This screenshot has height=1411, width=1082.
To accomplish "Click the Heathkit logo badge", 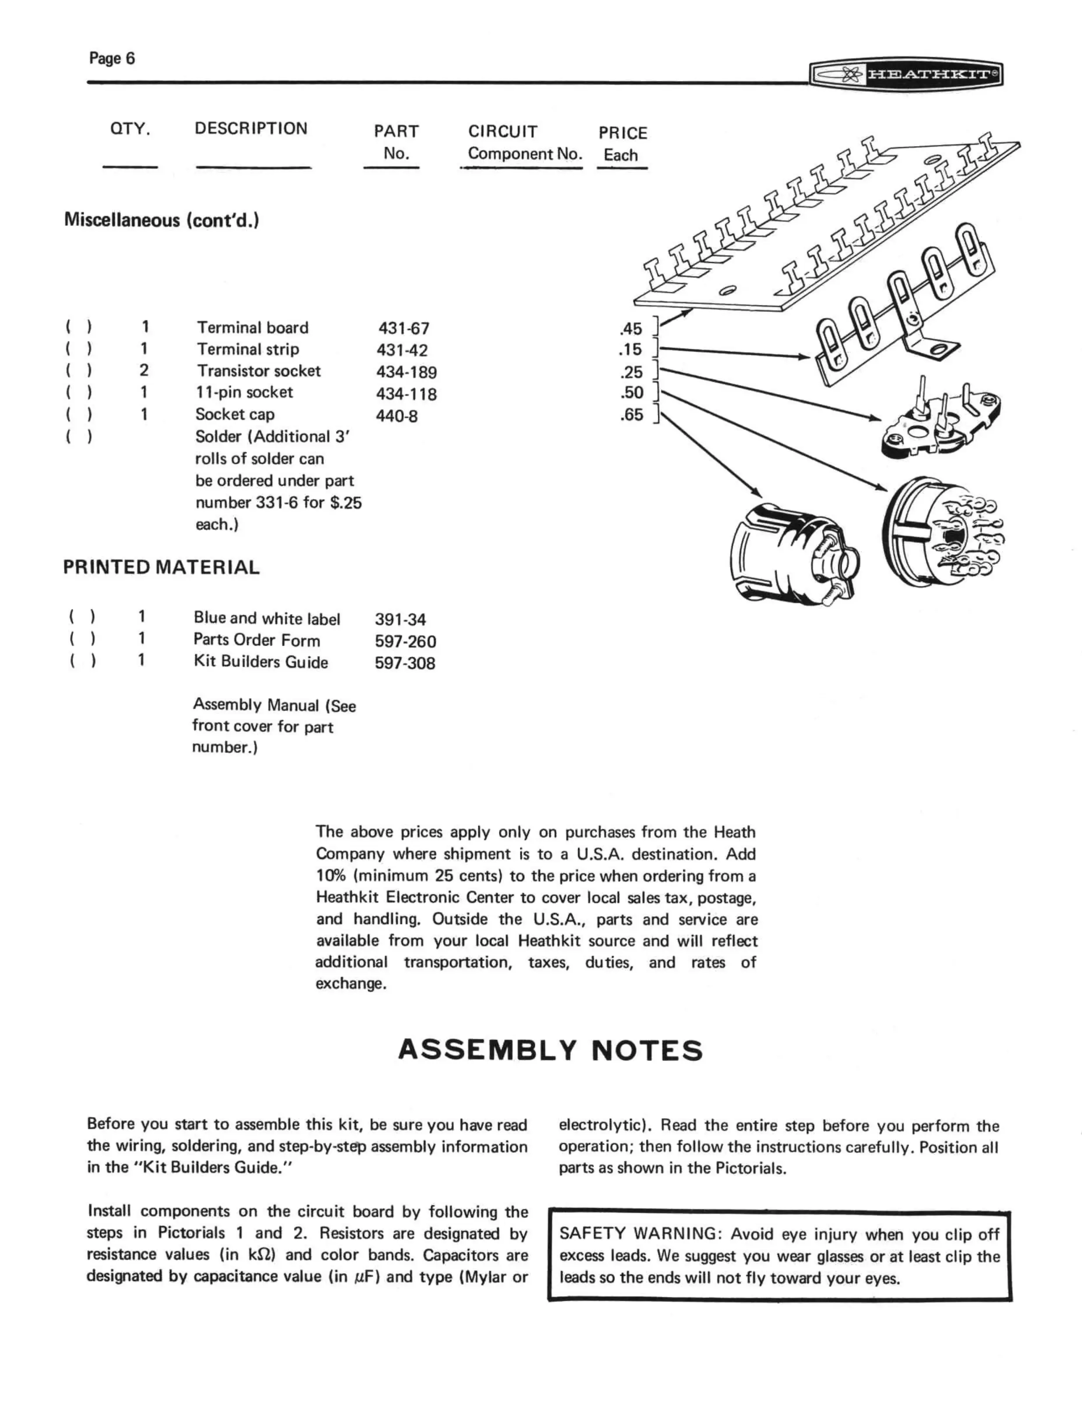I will (906, 74).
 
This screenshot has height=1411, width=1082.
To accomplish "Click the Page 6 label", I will (112, 59).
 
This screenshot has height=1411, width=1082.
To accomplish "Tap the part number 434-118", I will (406, 394).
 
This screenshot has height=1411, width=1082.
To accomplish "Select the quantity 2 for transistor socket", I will (144, 370).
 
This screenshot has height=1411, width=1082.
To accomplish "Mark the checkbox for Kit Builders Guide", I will (82, 661).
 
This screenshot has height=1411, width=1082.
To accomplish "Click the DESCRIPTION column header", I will (251, 128).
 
